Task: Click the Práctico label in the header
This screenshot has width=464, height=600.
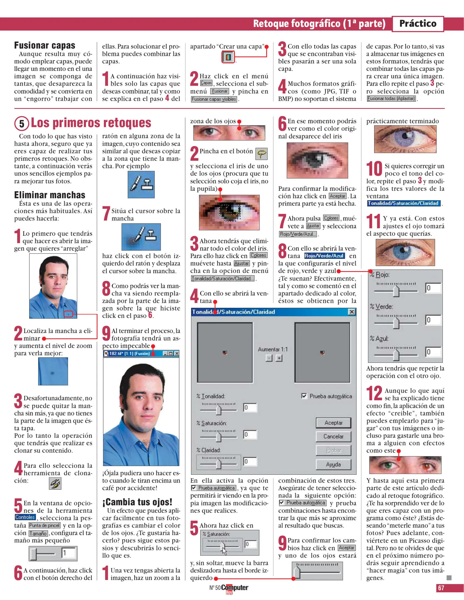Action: pos(418,24)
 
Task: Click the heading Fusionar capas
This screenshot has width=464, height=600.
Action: pos(45,45)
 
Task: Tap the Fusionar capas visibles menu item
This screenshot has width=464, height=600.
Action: pos(214,99)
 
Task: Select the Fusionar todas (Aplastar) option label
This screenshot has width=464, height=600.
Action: pos(391,99)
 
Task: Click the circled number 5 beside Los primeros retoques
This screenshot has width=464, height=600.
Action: pos(22,124)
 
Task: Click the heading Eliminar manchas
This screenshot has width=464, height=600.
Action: pos(50,195)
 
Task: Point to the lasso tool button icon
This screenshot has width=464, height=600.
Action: pos(261,154)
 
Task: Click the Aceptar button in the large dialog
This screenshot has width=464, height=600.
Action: pos(333,423)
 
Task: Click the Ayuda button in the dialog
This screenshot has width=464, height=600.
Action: pos(333,464)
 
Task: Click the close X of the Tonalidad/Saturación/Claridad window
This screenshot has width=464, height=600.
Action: pos(352,312)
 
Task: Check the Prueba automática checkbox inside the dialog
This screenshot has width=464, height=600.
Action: pos(304,396)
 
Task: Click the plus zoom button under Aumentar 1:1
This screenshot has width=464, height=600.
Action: pos(279,358)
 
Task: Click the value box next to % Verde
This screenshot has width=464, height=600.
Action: pos(433,320)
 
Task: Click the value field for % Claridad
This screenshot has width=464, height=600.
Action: pos(250,462)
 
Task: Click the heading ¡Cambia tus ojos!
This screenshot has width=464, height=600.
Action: pos(137,502)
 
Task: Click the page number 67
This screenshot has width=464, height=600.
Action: pos(441,588)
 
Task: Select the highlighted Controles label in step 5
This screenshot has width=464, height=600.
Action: pos(25,517)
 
